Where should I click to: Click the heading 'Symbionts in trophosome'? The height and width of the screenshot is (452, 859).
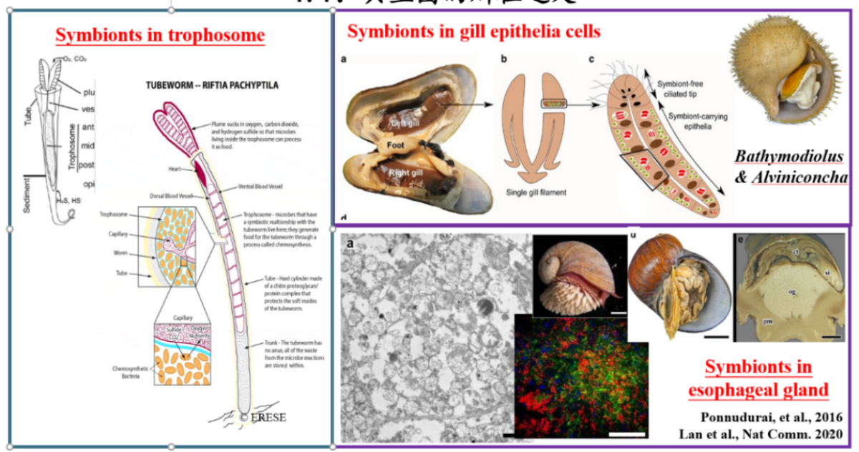coord(160,36)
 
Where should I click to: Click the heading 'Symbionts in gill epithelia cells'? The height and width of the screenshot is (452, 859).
coord(473,31)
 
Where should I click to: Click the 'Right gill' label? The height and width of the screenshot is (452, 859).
coord(406,172)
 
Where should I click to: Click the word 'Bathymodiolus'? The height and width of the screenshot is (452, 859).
coord(788,156)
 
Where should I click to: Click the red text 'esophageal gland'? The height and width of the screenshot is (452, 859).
coord(758,390)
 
